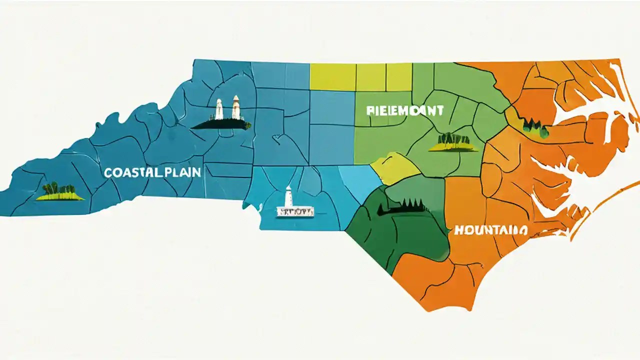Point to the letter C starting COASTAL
pyautogui.click(x=107, y=173)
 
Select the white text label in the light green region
pyautogui.click(x=405, y=110)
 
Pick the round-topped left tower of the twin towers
pyautogui.click(x=218, y=109)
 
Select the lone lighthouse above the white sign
pyautogui.click(x=288, y=196)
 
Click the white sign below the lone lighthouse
pyautogui.click(x=295, y=212)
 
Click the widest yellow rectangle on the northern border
pyautogui.click(x=332, y=77)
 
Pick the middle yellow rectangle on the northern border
pyautogui.click(x=371, y=77)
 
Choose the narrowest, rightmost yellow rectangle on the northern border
pyautogui.click(x=399, y=77)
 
